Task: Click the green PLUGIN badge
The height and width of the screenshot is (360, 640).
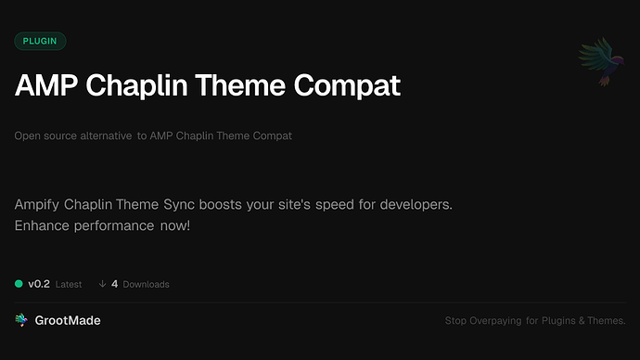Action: pyautogui.click(x=40, y=41)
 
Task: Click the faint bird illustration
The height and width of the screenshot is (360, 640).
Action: pyautogui.click(x=597, y=63)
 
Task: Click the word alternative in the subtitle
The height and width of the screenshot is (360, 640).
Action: pyautogui.click(x=102, y=136)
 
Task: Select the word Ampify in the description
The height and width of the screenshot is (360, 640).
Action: pyautogui.click(x=41, y=203)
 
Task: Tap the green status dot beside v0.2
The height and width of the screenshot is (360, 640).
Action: pyautogui.click(x=19, y=284)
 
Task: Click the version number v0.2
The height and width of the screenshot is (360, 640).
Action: pyautogui.click(x=38, y=284)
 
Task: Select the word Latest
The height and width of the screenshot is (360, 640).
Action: pyautogui.click(x=69, y=284)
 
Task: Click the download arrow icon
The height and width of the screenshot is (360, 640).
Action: pyautogui.click(x=102, y=284)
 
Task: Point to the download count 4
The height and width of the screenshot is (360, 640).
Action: pyautogui.click(x=114, y=284)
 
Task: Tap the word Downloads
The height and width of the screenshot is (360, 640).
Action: pyautogui.click(x=146, y=284)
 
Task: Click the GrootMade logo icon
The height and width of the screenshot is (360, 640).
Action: pyautogui.click(x=21, y=320)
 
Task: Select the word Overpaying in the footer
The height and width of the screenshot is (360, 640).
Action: pyautogui.click(x=496, y=321)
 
